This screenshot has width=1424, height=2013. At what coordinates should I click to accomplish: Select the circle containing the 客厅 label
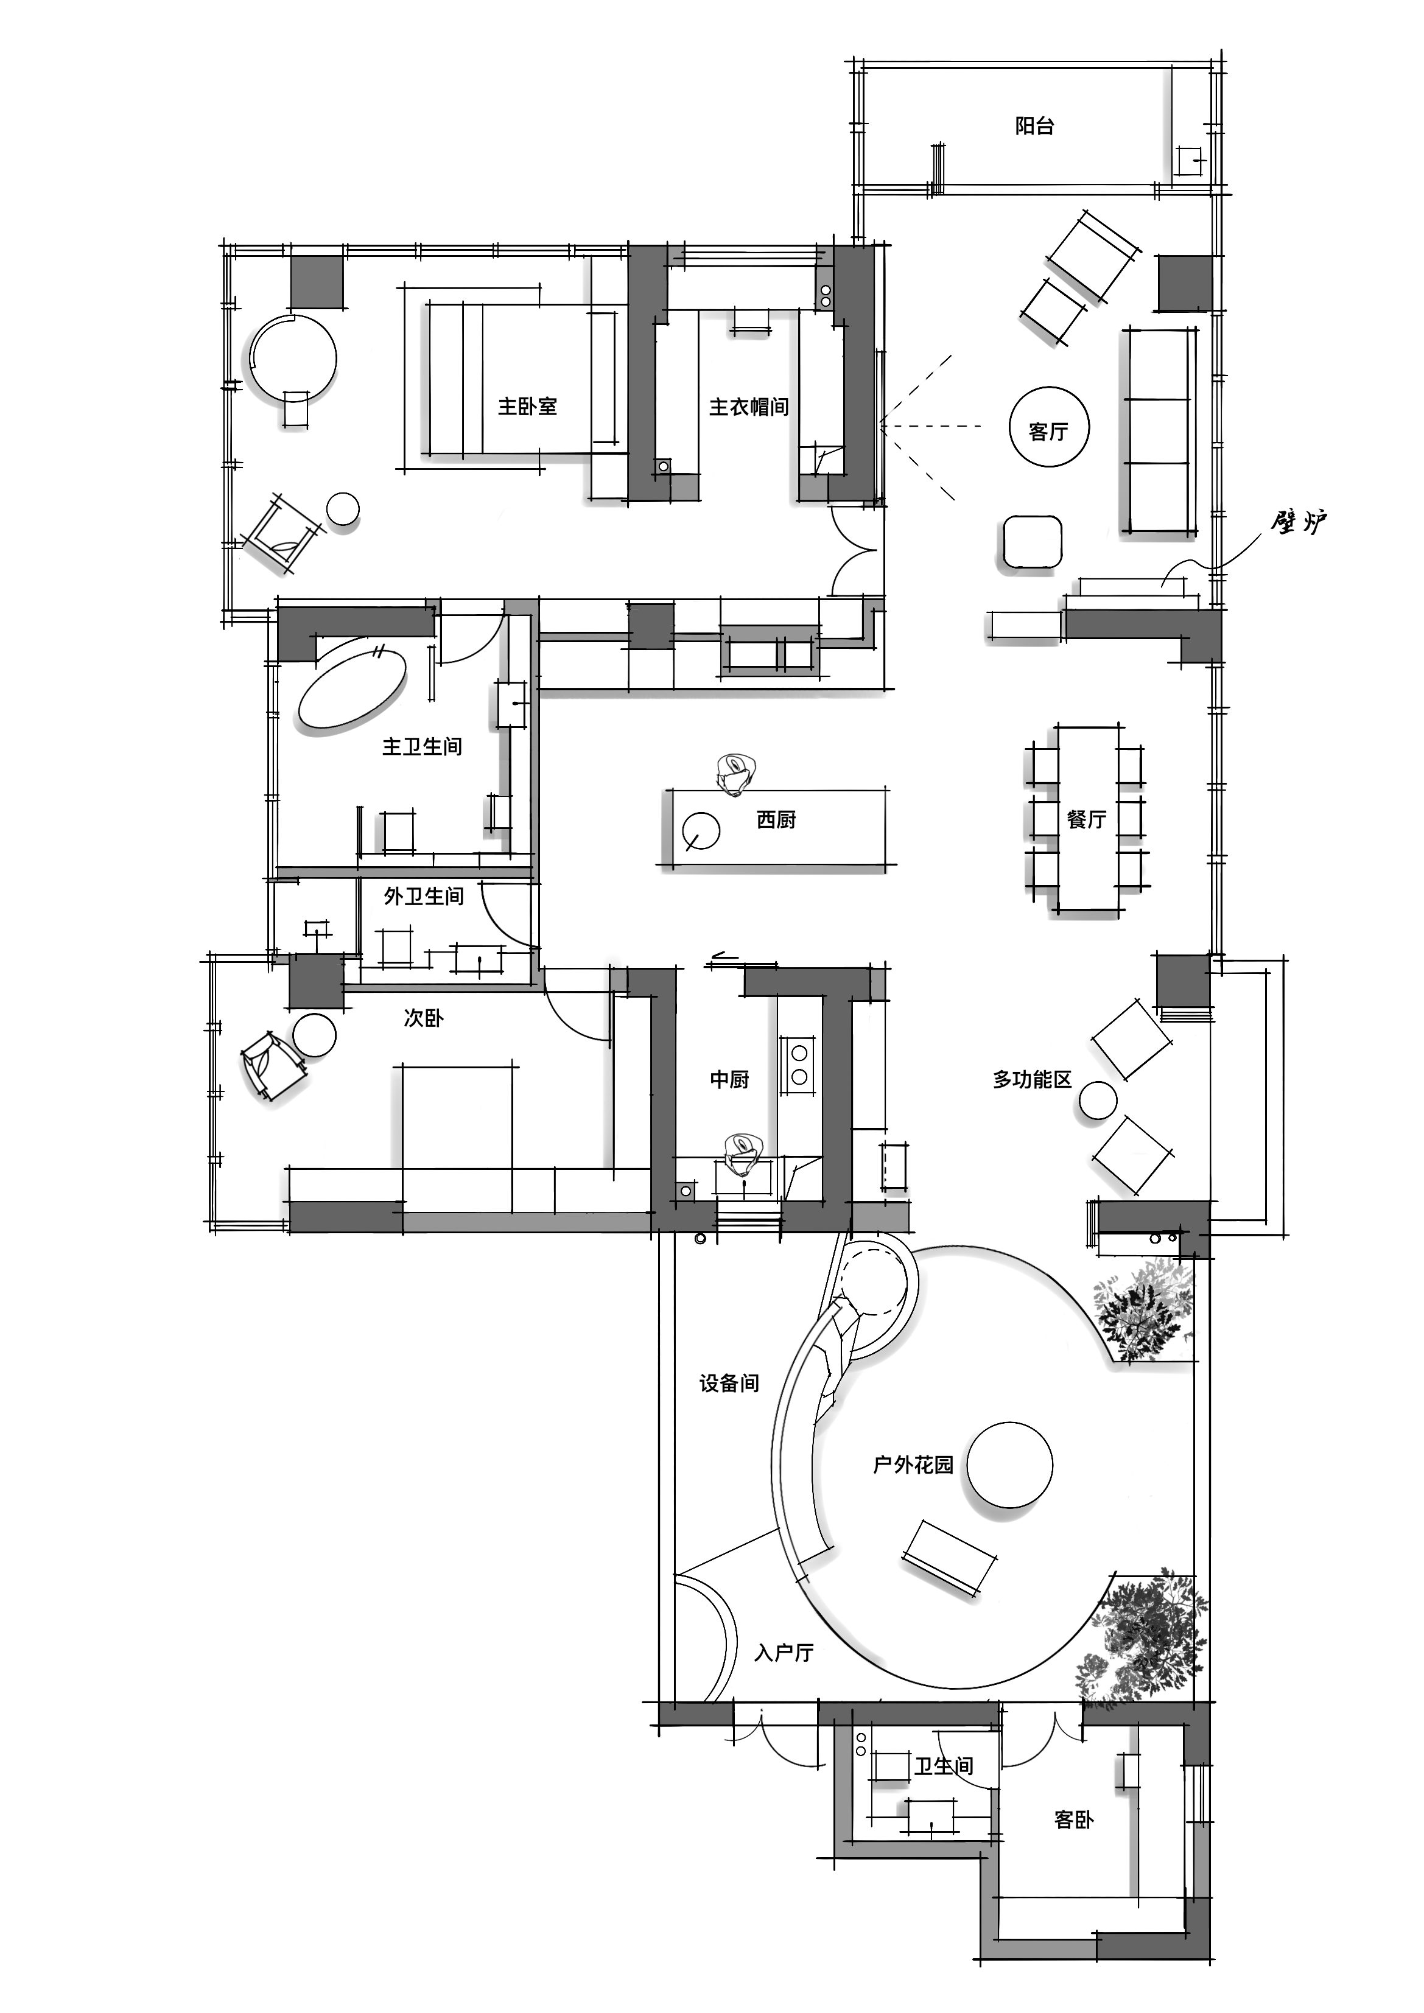coord(1049,429)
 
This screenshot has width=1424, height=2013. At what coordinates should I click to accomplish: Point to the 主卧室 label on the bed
coord(527,407)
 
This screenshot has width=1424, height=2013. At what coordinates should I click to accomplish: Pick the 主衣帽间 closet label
coord(748,407)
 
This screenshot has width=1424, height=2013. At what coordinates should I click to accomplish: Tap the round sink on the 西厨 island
coord(701,830)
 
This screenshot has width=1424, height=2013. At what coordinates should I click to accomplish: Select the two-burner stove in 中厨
coord(799,1063)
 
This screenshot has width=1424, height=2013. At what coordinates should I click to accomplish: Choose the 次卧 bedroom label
coord(424,1018)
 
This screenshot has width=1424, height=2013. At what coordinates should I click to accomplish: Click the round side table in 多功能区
coord(1098,1101)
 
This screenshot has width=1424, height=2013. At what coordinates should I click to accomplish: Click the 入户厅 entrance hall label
coord(784,1653)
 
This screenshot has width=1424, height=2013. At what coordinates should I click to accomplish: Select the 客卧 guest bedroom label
coord(1073,1820)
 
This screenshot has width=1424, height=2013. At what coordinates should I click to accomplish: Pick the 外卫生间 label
coord(424,896)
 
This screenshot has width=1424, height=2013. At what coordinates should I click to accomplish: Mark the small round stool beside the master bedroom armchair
coord(343,508)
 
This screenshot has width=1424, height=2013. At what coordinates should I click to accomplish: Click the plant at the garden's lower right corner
coord(1145,1639)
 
